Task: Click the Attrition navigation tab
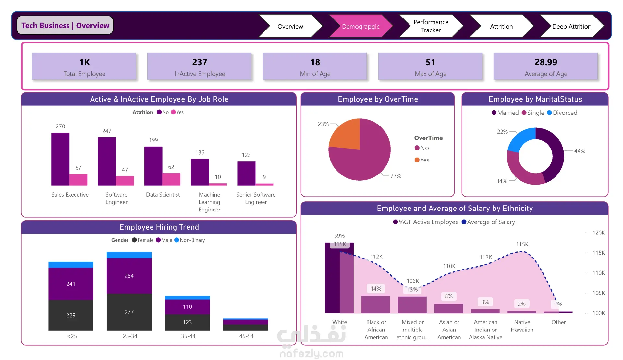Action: [501, 26]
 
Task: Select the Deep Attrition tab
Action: [572, 26]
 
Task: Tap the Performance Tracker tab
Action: [431, 26]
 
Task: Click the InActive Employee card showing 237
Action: [200, 66]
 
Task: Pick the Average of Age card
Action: [546, 66]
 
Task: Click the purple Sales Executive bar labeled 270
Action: [60, 159]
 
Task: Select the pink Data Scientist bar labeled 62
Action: [171, 179]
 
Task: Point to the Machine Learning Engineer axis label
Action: [210, 202]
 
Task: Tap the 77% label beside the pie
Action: [396, 176]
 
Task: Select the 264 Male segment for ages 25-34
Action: [129, 276]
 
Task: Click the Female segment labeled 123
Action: [187, 322]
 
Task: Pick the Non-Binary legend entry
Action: [190, 240]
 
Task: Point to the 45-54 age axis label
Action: [246, 336]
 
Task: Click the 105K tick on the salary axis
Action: [599, 293]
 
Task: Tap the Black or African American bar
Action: [376, 304]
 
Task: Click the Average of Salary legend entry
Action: [488, 222]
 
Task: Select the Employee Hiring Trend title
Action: [159, 227]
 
